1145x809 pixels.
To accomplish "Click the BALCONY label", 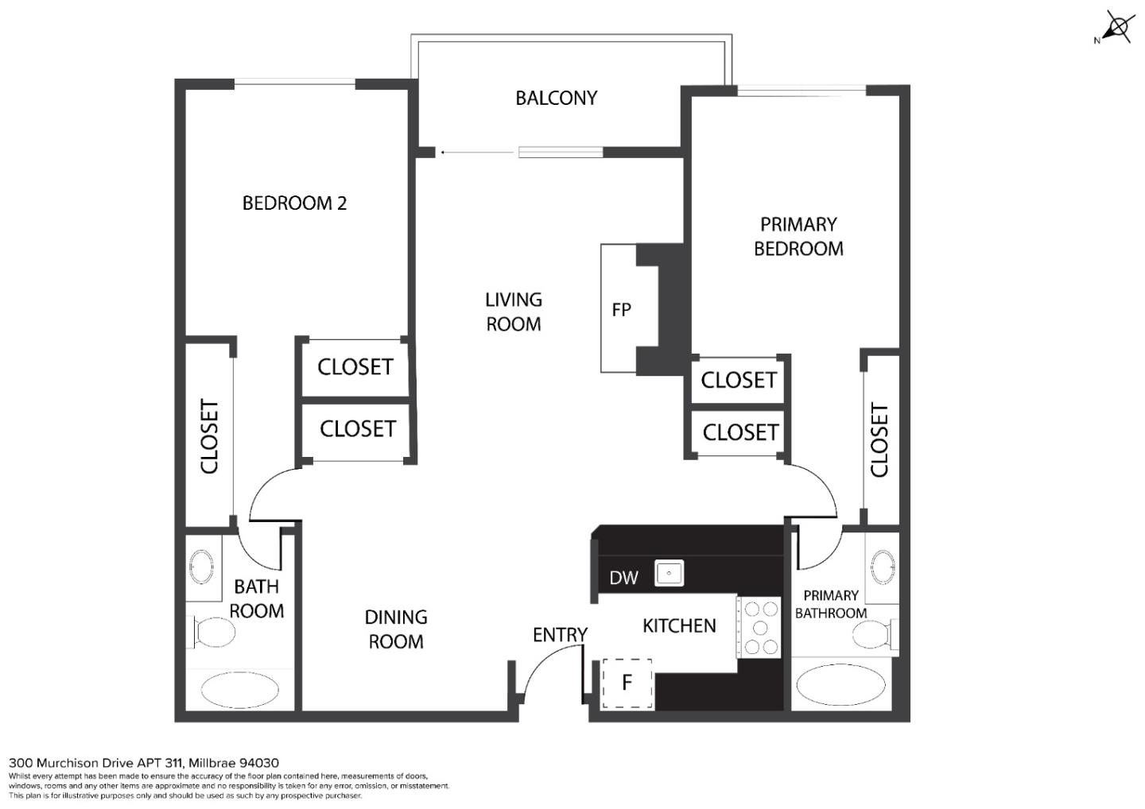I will [x=556, y=98].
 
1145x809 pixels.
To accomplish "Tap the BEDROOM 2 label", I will [x=294, y=203].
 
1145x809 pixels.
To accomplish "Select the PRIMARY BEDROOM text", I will [x=798, y=236].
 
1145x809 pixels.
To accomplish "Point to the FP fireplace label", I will [x=621, y=310].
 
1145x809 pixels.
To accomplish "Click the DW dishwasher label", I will [x=623, y=578].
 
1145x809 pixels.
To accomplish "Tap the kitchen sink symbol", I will [x=670, y=572].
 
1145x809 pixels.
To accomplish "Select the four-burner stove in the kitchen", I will [x=760, y=628].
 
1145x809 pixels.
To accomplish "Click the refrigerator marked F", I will [x=627, y=683].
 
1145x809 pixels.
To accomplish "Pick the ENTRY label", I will [x=560, y=634].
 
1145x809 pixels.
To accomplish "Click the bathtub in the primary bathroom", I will [x=840, y=685].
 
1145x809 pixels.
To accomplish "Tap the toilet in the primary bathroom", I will [x=874, y=634].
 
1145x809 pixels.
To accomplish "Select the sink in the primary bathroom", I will [x=883, y=567].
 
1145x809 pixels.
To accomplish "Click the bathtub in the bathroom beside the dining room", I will [x=239, y=689].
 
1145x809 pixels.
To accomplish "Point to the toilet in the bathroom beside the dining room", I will [x=213, y=633].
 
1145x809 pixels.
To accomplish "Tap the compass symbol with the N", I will [x=1116, y=28].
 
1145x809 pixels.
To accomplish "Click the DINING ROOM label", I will [x=396, y=629].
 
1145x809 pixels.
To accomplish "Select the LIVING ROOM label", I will [x=514, y=312].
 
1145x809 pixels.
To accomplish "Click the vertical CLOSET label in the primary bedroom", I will [x=879, y=440].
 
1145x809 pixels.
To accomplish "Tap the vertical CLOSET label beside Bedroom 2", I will [x=209, y=436].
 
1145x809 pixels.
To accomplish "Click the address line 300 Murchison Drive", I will [x=144, y=763].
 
